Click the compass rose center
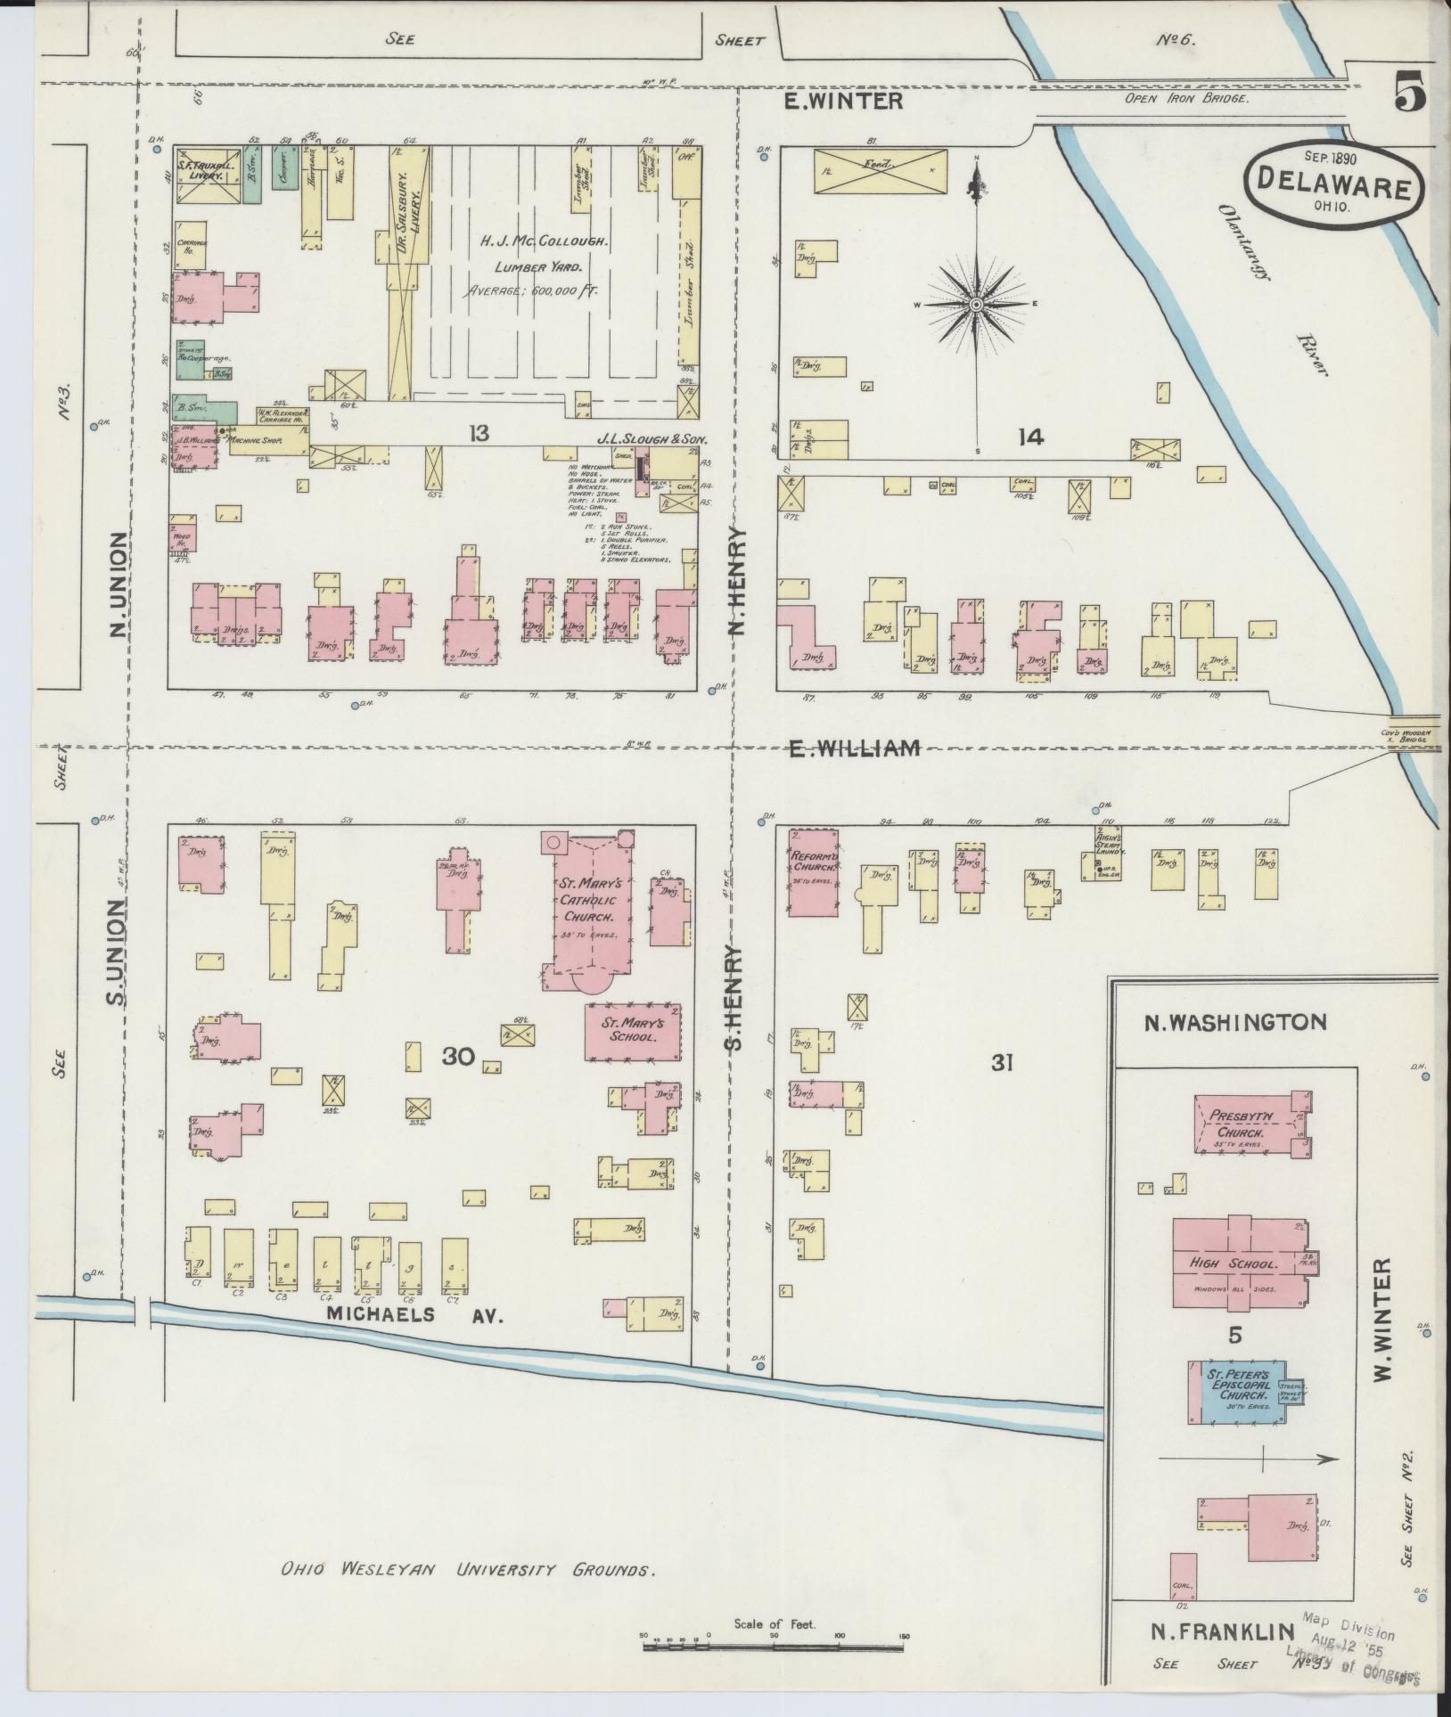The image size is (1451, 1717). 976,305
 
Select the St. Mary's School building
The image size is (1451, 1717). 633,1032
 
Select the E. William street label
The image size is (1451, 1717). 854,748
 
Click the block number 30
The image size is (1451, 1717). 459,1057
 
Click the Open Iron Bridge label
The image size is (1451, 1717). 1185,99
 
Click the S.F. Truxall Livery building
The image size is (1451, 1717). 206,170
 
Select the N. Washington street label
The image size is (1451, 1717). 1234,1022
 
